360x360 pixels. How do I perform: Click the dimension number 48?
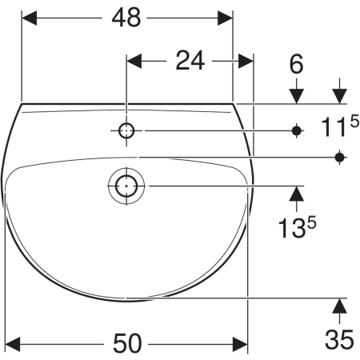(126, 18)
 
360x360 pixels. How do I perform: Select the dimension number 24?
(190, 61)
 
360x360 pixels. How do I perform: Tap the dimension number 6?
(297, 64)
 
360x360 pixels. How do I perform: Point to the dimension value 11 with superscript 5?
(340, 126)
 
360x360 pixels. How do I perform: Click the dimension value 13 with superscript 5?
(297, 226)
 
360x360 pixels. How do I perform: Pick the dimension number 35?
(339, 339)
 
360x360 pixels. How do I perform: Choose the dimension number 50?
(126, 344)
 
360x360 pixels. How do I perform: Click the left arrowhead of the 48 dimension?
(29, 18)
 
